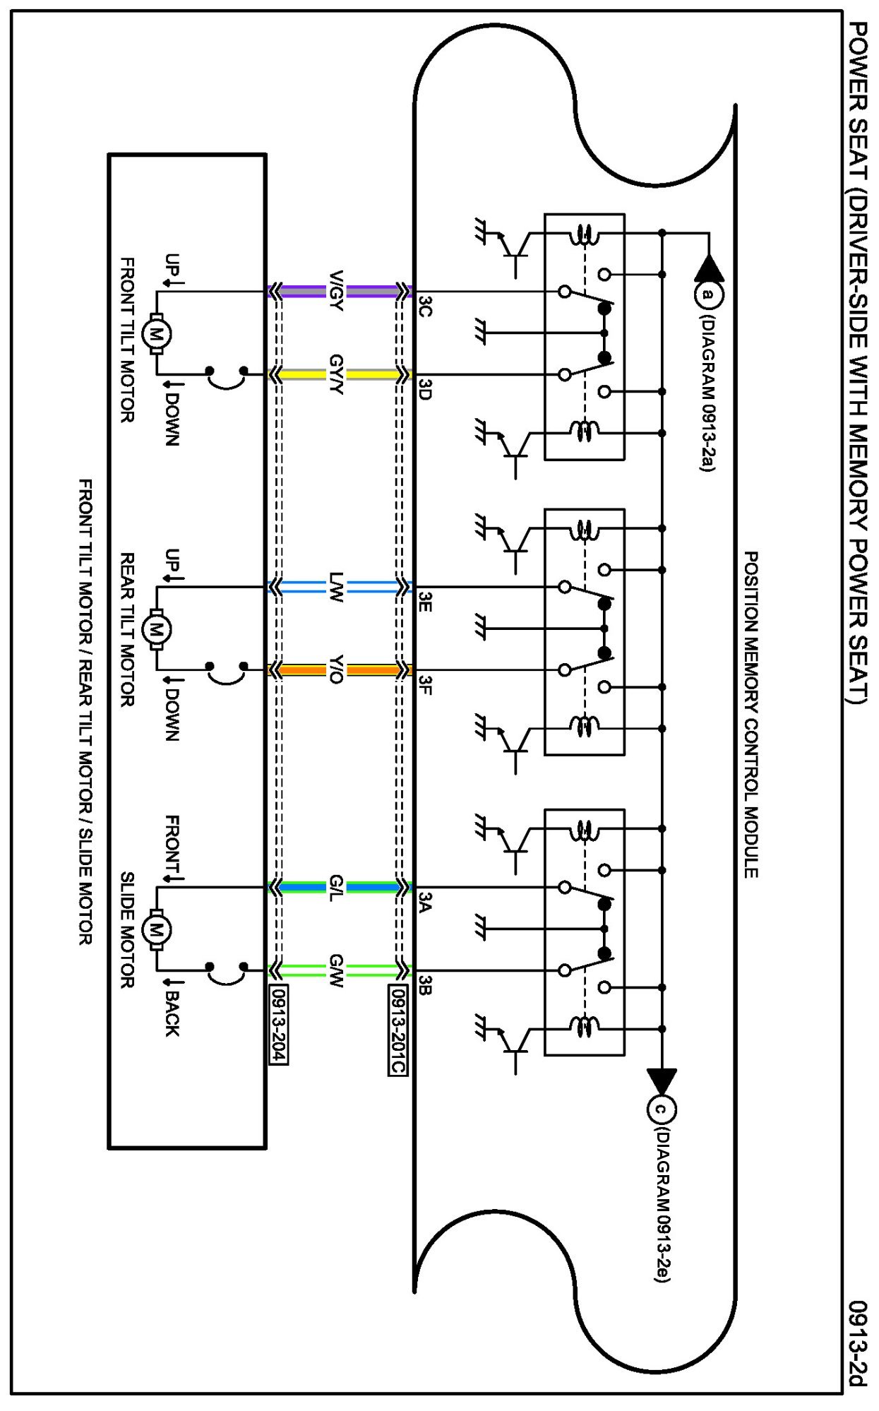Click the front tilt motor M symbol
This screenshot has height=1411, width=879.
click(x=156, y=333)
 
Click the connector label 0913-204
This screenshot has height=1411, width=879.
click(x=278, y=1024)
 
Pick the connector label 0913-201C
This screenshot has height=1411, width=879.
click(x=397, y=1030)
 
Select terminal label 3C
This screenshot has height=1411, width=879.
click(x=424, y=306)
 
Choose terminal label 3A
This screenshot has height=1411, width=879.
click(x=424, y=902)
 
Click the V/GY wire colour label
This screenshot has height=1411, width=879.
click(x=336, y=291)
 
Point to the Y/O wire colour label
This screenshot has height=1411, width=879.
click(x=336, y=669)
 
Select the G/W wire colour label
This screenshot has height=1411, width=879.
click(x=336, y=970)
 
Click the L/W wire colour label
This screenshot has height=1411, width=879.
click(x=336, y=587)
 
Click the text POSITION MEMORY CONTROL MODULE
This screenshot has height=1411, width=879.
click(x=751, y=715)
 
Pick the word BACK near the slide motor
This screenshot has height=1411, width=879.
click(x=172, y=1013)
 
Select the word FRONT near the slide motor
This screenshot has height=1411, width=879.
click(x=172, y=845)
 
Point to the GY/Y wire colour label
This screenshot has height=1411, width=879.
click(x=336, y=374)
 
